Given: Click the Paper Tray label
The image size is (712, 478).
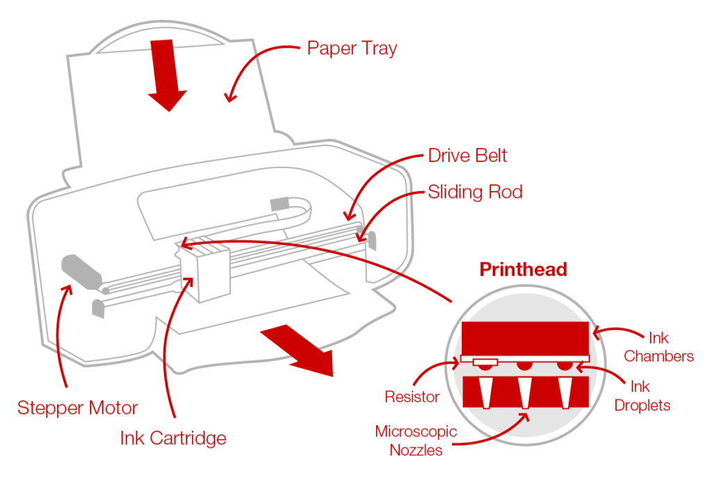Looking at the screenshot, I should coord(352,49).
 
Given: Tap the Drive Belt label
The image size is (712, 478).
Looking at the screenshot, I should coord(467,155).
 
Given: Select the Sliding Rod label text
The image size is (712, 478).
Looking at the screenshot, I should coord(475,192).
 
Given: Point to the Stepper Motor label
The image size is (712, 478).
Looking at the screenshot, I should coord(78,408).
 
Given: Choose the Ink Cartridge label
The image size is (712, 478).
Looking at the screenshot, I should coord(173,438).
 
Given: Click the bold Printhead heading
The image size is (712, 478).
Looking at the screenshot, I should coord(523,270).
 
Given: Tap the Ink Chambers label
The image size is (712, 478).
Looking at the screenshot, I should coord(658,347).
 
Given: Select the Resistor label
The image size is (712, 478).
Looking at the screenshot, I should coord(412,397).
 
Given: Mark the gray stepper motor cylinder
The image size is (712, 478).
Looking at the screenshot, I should coord(81,270).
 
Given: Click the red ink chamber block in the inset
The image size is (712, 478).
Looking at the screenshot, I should coord(526,339).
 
